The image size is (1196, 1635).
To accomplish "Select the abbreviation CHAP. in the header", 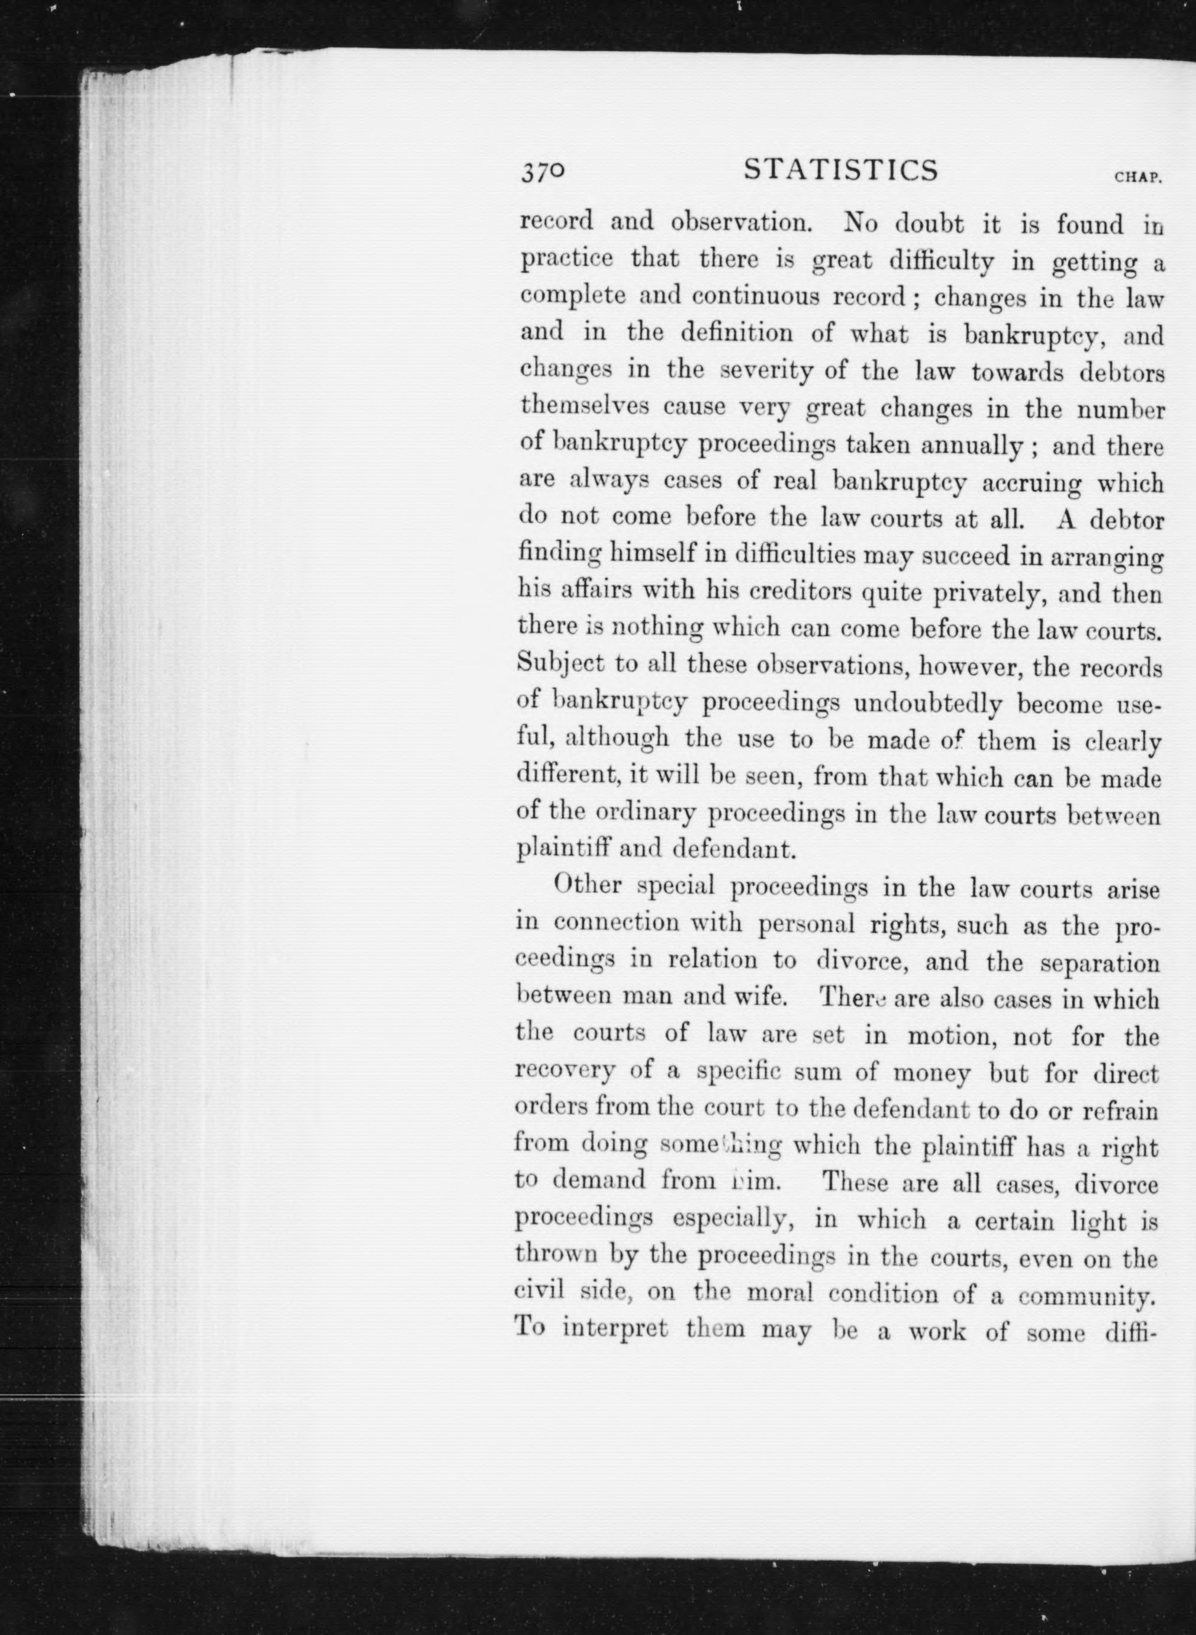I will click(x=1138, y=176).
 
